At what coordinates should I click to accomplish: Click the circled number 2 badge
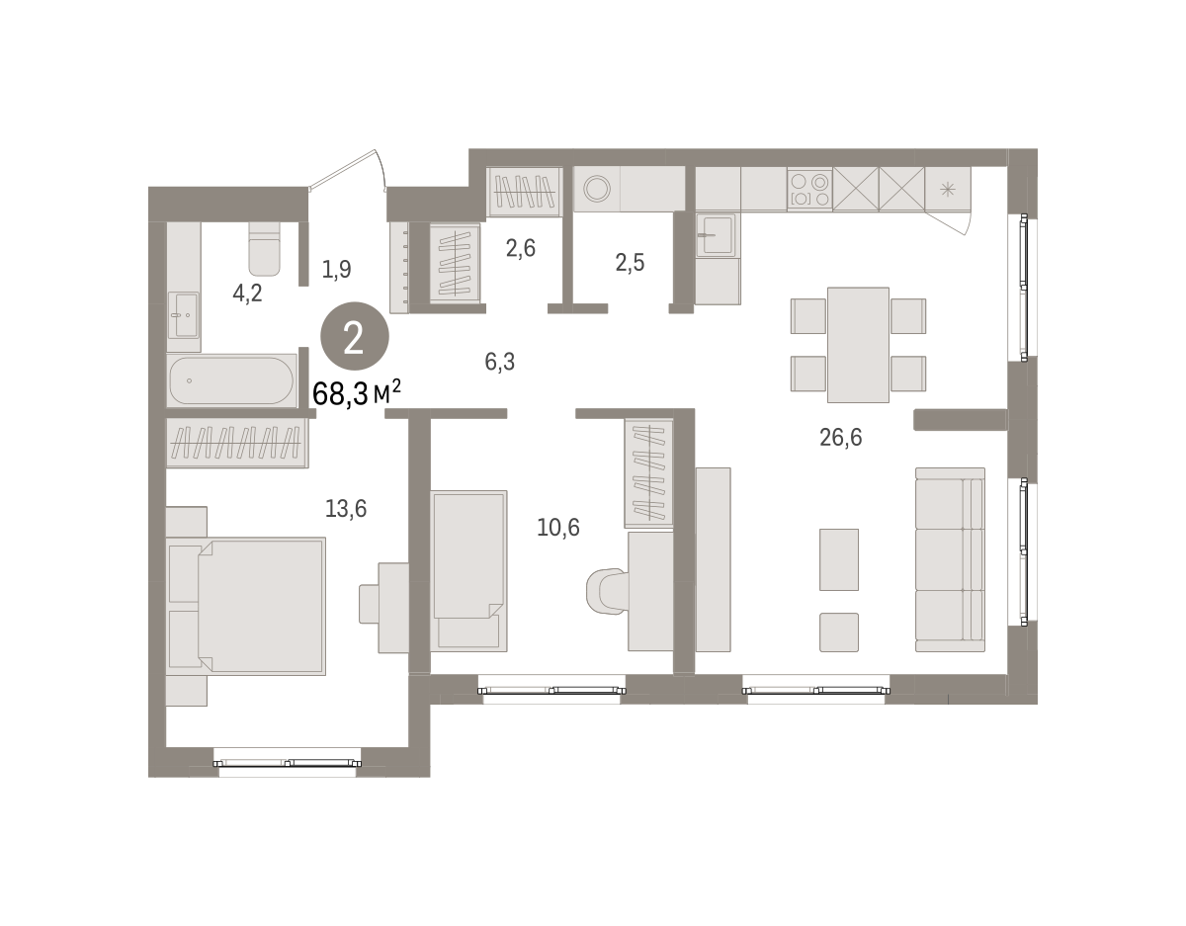pyautogui.click(x=355, y=336)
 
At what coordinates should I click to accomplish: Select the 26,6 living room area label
pyautogui.click(x=840, y=437)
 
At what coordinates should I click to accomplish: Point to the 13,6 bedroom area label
pyautogui.click(x=346, y=509)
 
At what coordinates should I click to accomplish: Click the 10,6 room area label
pyautogui.click(x=558, y=527)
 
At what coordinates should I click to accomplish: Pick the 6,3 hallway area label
pyautogui.click(x=500, y=362)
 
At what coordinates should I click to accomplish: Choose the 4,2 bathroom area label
pyautogui.click(x=247, y=294)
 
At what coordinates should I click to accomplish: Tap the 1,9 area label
pyautogui.click(x=336, y=269)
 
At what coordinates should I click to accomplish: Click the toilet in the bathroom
pyautogui.click(x=265, y=248)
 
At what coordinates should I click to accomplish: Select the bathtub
pyautogui.click(x=231, y=380)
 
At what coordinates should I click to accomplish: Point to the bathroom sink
pyautogui.click(x=184, y=315)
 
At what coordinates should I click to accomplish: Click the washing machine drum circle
pyautogui.click(x=597, y=189)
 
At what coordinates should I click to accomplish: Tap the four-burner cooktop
pyautogui.click(x=809, y=189)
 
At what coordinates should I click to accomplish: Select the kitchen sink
pyautogui.click(x=716, y=234)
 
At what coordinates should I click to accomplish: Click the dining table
pyautogui.click(x=858, y=345)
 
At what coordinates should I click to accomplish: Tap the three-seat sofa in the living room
pyautogui.click(x=950, y=559)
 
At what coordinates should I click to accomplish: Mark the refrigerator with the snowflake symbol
pyautogui.click(x=948, y=189)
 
